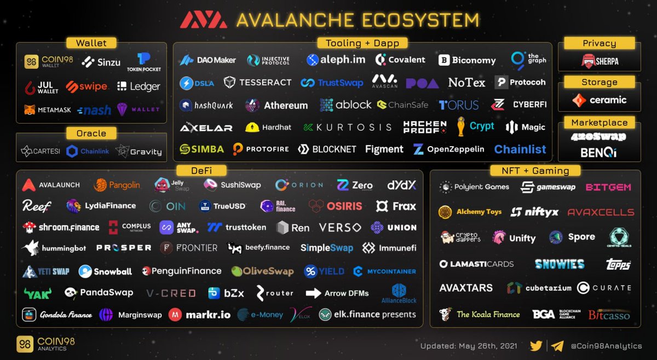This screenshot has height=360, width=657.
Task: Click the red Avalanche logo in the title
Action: click(204, 20)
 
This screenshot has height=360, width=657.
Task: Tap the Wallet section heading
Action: click(91, 43)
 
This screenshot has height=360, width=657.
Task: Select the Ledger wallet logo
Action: click(139, 86)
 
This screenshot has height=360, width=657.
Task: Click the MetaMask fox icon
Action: click(29, 110)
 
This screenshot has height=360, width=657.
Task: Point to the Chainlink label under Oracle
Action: click(90, 152)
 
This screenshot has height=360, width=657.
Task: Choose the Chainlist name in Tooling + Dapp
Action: click(520, 149)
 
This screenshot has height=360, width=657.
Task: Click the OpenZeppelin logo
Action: click(449, 149)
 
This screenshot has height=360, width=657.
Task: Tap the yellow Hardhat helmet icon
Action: click(252, 127)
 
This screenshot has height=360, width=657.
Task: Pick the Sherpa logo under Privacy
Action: click(600, 61)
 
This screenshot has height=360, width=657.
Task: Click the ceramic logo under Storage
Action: click(599, 100)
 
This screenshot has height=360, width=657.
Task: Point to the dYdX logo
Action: click(402, 185)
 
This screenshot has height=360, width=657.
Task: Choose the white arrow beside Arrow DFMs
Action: click(313, 293)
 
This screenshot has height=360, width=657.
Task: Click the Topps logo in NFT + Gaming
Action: click(618, 264)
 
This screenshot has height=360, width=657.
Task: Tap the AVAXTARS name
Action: click(466, 288)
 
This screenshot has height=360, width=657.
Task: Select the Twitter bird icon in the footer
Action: click(537, 346)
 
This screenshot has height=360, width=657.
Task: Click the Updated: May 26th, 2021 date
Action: click(469, 346)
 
